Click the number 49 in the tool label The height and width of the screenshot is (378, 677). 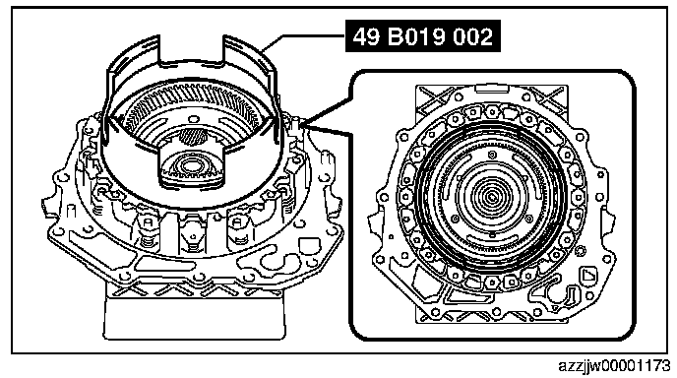tap(366, 36)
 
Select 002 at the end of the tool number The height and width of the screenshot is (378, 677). tap(472, 36)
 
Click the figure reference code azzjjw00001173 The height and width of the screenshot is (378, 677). tap(614, 366)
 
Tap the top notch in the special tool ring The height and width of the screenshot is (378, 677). tap(192, 52)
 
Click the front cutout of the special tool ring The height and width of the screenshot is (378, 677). tap(192, 166)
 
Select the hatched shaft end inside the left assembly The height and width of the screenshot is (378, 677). tap(192, 137)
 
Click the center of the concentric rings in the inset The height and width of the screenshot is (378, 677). tap(491, 198)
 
